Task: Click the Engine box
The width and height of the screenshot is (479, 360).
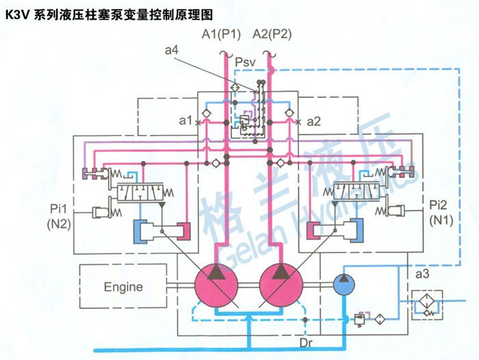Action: point(123,285)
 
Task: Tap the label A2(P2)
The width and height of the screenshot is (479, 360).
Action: point(272,35)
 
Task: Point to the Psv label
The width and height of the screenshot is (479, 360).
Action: point(245,64)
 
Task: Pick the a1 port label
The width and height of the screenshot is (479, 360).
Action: point(184,121)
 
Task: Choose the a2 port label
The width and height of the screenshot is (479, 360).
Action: point(313,121)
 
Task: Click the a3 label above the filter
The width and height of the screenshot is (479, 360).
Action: point(422,274)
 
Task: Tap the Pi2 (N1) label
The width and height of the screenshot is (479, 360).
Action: point(438,212)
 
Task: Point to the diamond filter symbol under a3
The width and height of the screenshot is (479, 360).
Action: point(423,301)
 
